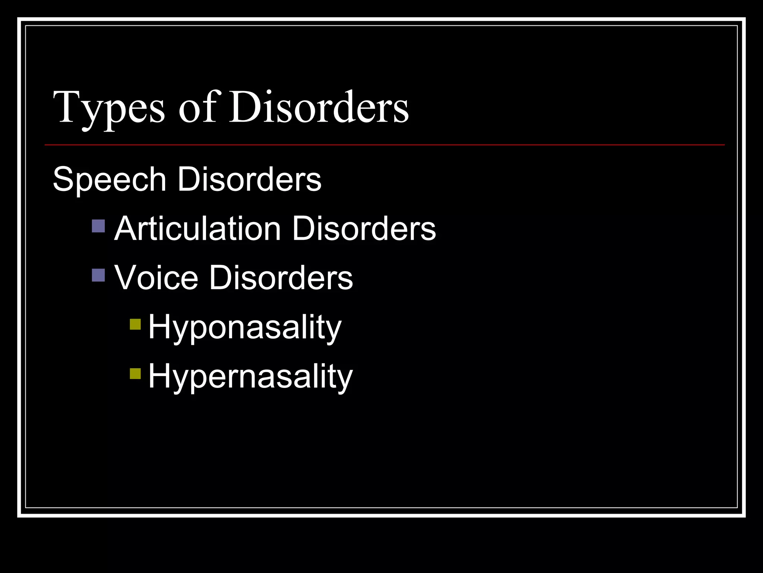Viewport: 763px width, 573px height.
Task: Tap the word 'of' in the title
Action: tap(197, 107)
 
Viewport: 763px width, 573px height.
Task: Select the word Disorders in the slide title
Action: tap(319, 107)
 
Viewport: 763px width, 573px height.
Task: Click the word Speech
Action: tap(110, 180)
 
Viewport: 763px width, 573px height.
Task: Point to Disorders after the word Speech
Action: tap(249, 180)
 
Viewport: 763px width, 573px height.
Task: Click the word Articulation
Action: tap(197, 229)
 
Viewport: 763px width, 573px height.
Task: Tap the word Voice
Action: tap(156, 278)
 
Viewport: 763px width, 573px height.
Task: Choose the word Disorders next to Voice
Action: tap(281, 278)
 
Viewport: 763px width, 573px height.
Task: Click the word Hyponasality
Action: tap(245, 327)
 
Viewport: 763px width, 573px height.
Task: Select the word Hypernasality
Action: tap(250, 376)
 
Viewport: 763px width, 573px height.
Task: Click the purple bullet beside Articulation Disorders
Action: tap(98, 226)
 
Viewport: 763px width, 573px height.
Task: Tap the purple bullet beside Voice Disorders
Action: tap(98, 275)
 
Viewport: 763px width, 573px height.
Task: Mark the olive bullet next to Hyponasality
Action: tap(135, 325)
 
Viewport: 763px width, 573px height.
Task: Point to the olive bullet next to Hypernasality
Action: tap(135, 374)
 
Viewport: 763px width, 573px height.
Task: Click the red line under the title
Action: tap(384, 145)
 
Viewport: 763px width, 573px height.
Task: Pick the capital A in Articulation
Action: tap(126, 228)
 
